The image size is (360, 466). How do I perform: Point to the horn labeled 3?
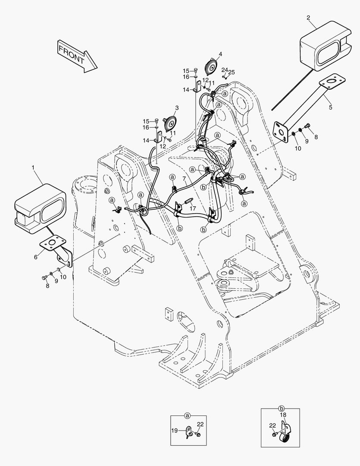tap(170, 124)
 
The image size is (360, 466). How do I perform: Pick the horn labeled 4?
tap(211, 67)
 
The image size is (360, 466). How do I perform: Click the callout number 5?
tap(330, 107)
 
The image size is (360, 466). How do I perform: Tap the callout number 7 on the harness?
tap(184, 178)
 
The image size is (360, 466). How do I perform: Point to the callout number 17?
tap(193, 208)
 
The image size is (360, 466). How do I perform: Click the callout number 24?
tap(224, 70)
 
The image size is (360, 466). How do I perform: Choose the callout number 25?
tap(232, 72)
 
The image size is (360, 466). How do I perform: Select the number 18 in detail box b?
tap(283, 415)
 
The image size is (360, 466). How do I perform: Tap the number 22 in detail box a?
tap(200, 424)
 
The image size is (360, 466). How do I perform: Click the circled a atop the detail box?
tap(188, 416)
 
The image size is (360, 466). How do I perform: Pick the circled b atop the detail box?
tap(281, 408)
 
